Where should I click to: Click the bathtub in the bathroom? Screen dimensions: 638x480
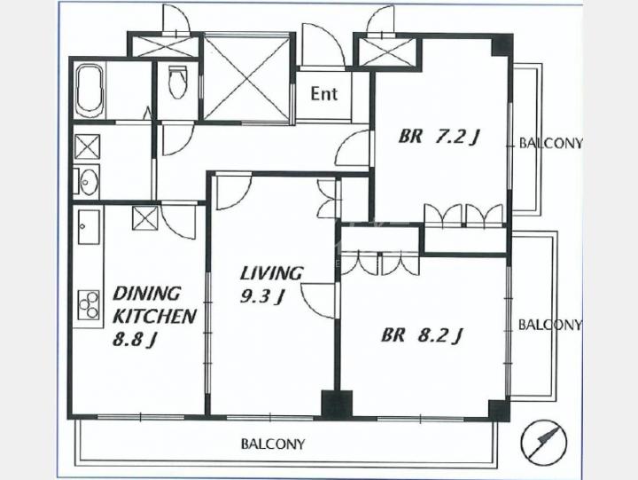[90, 90]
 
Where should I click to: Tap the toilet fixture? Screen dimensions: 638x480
[177, 83]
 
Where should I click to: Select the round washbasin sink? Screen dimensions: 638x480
[87, 180]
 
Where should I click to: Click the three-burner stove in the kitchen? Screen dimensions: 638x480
[89, 304]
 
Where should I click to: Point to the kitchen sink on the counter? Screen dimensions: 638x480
[89, 227]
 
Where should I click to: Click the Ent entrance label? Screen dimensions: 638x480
[324, 94]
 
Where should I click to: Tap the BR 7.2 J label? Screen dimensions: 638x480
[439, 137]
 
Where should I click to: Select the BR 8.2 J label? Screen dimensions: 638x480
[422, 335]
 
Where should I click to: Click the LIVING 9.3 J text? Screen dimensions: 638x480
[271, 285]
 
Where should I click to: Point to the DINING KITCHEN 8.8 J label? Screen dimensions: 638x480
[154, 317]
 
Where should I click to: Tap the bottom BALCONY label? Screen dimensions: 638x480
[273, 444]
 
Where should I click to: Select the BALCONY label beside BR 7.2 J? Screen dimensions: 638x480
[550, 144]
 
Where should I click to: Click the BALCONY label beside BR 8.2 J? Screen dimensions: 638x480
[549, 325]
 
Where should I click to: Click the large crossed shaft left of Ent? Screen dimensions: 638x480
[246, 77]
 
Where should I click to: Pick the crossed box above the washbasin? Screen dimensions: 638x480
[87, 146]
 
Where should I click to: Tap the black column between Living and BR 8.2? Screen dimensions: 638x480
[337, 404]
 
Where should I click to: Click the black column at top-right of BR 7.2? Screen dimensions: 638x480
[502, 45]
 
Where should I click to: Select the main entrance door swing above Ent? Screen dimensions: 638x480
[323, 45]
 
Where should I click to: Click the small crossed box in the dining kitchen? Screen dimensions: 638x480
[145, 218]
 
